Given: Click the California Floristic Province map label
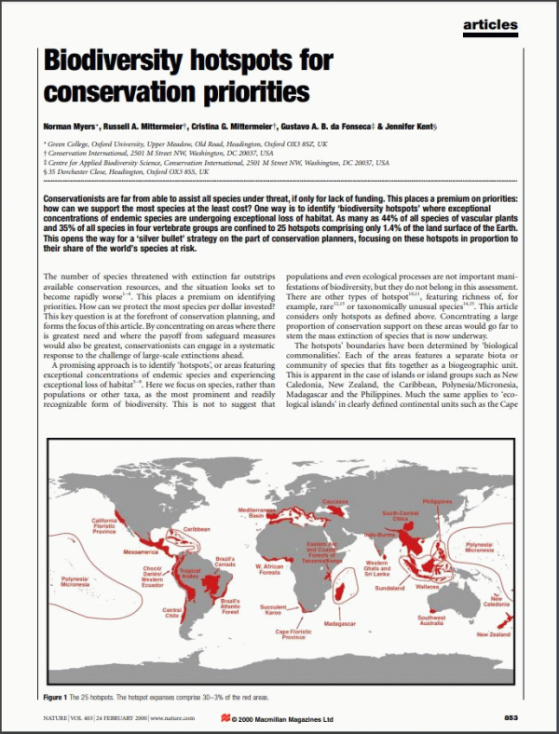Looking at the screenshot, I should [103, 525].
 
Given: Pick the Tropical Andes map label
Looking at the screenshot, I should [190, 573].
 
